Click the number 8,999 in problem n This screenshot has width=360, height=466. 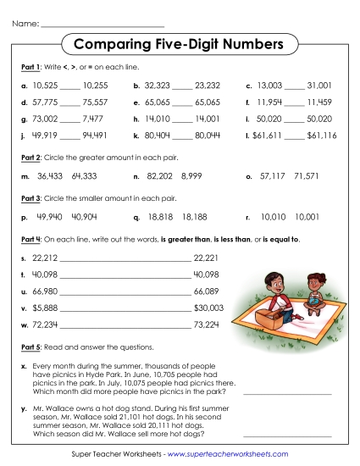(x=192, y=175)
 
